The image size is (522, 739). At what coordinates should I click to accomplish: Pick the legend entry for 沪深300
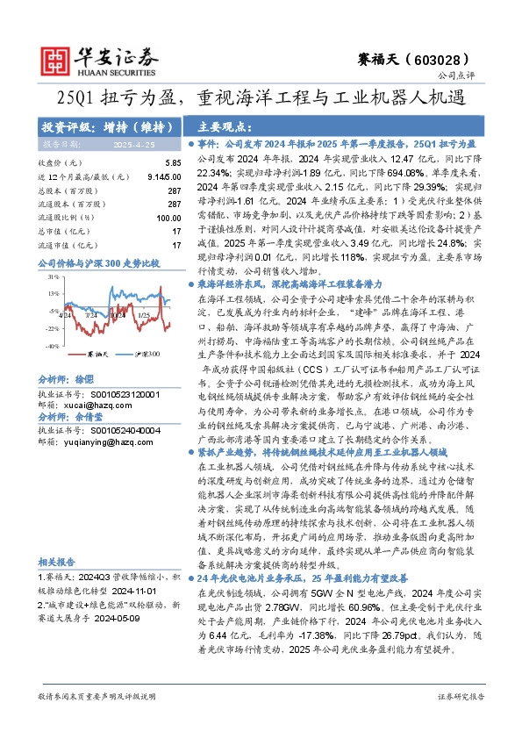tap(149, 354)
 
